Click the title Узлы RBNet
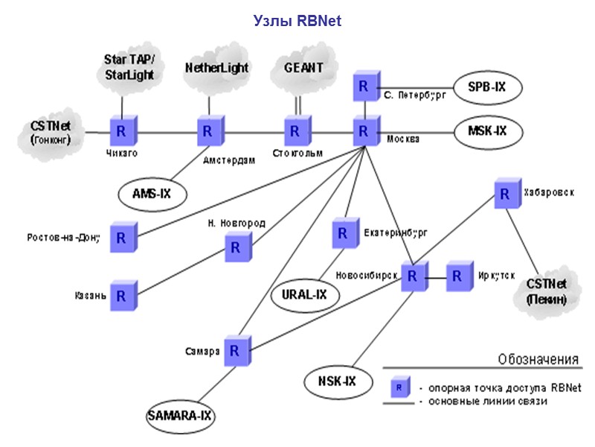pyautogui.click(x=297, y=21)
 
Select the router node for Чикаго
pyautogui.click(x=120, y=132)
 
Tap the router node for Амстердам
pyautogui.click(x=208, y=132)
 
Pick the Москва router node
pyautogui.click(x=364, y=132)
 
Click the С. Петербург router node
pyautogui.click(x=364, y=86)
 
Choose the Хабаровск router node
pyautogui.click(x=505, y=194)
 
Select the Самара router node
pyautogui.click(x=234, y=349)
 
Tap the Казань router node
pyautogui.click(x=120, y=294)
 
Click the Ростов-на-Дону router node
pyautogui.click(x=120, y=238)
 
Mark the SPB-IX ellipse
pyautogui.click(x=487, y=87)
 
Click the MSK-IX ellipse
pyautogui.click(x=487, y=131)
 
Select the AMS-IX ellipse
pyautogui.click(x=152, y=194)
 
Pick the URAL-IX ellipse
pyautogui.click(x=304, y=294)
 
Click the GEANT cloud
pyautogui.click(x=303, y=68)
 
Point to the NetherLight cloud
pyautogui.click(x=216, y=69)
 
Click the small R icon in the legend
pyautogui.click(x=399, y=387)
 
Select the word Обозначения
pyautogui.click(x=538, y=360)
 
